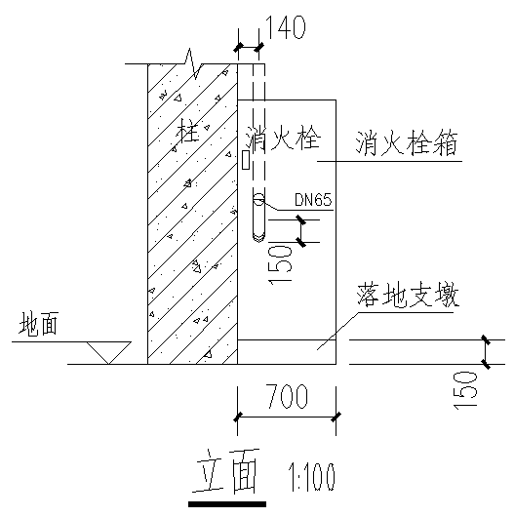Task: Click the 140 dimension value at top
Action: click(x=286, y=27)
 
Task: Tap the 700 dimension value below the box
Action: click(x=287, y=396)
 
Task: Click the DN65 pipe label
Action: click(x=313, y=199)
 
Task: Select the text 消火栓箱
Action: click(x=407, y=143)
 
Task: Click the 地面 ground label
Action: click(x=39, y=324)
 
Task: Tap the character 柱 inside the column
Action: click(x=188, y=131)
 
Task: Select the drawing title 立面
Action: click(x=228, y=471)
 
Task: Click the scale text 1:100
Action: click(x=312, y=477)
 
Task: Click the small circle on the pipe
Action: click(x=258, y=199)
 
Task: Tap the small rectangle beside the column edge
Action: click(x=246, y=160)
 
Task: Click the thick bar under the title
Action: click(x=227, y=504)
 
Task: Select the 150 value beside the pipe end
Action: click(x=281, y=264)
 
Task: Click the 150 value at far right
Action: click(x=465, y=390)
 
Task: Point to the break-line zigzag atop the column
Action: click(x=193, y=63)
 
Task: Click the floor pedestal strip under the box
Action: click(x=287, y=352)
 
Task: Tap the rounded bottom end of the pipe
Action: click(x=258, y=237)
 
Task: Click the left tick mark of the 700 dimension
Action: click(x=238, y=418)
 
